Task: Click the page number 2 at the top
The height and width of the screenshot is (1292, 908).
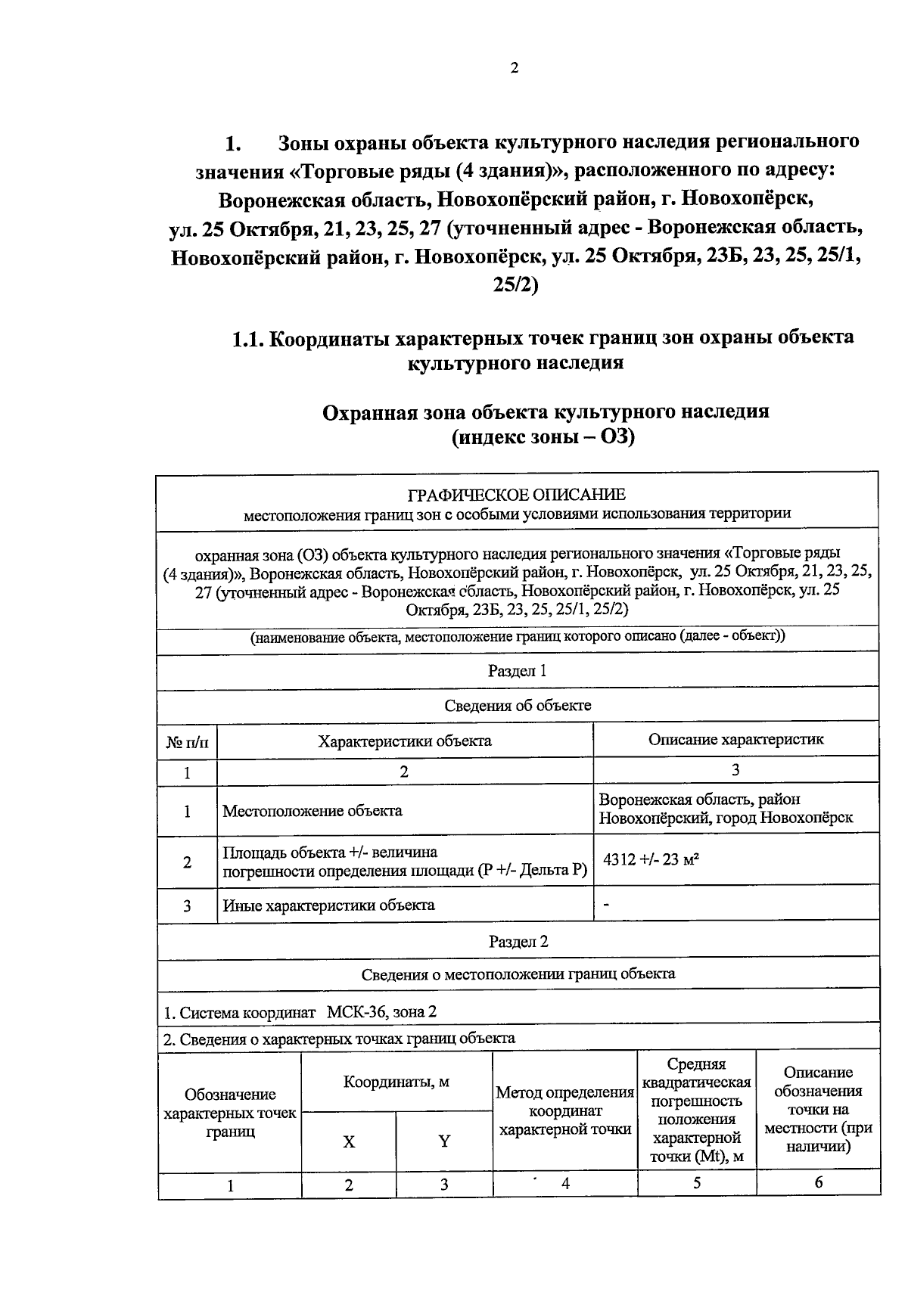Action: (x=515, y=68)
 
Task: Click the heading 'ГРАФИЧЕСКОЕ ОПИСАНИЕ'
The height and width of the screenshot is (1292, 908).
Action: (x=517, y=495)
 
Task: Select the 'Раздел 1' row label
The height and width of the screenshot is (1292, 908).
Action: (x=518, y=671)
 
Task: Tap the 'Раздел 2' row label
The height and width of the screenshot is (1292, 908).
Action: (x=518, y=941)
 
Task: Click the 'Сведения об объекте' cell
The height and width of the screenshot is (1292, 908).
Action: (x=518, y=705)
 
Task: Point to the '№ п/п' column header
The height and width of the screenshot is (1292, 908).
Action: (x=186, y=742)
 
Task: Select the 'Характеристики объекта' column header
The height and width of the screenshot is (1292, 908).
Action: (x=404, y=741)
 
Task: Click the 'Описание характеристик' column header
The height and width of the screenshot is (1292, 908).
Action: (x=735, y=739)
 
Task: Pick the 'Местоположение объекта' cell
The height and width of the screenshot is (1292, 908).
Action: (x=312, y=811)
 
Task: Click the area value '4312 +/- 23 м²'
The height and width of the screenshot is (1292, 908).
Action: (x=650, y=859)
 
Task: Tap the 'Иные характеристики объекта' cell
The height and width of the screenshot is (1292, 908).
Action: (x=328, y=905)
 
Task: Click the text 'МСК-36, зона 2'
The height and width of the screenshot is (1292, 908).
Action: (x=381, y=1012)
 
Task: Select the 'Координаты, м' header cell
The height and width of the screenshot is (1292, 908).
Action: (x=396, y=1082)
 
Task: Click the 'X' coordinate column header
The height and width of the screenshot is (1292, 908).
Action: (x=349, y=1141)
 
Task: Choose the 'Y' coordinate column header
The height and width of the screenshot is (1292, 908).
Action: (x=444, y=1141)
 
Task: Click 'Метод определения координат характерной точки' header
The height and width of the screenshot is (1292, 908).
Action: (x=564, y=1111)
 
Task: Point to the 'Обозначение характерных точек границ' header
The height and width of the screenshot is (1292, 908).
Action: (x=230, y=1113)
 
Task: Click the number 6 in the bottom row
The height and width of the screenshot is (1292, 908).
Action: (x=819, y=1183)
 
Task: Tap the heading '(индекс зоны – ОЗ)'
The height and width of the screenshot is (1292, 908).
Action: (x=543, y=437)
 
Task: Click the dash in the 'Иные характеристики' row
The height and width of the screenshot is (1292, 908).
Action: (x=606, y=904)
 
